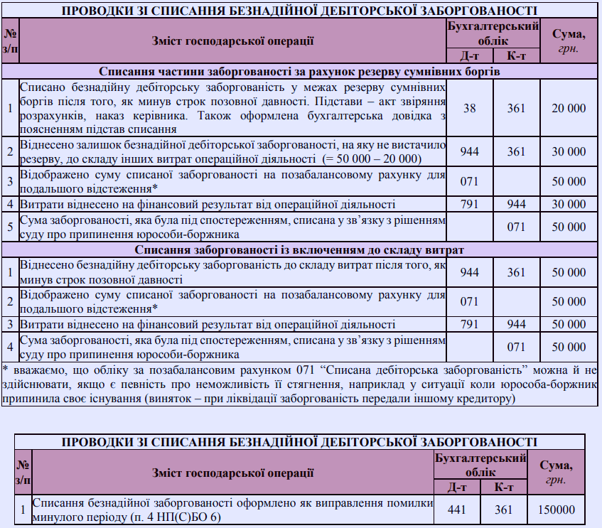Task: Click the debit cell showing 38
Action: pyautogui.click(x=469, y=108)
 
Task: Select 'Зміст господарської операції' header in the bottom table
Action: pyautogui.click(x=232, y=473)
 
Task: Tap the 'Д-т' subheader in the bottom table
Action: pyautogui.click(x=459, y=487)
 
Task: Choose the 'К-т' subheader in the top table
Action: pyautogui.click(x=517, y=56)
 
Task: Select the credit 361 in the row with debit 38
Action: pyautogui.click(x=517, y=108)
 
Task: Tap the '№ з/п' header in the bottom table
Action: pyautogui.click(x=23, y=473)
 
